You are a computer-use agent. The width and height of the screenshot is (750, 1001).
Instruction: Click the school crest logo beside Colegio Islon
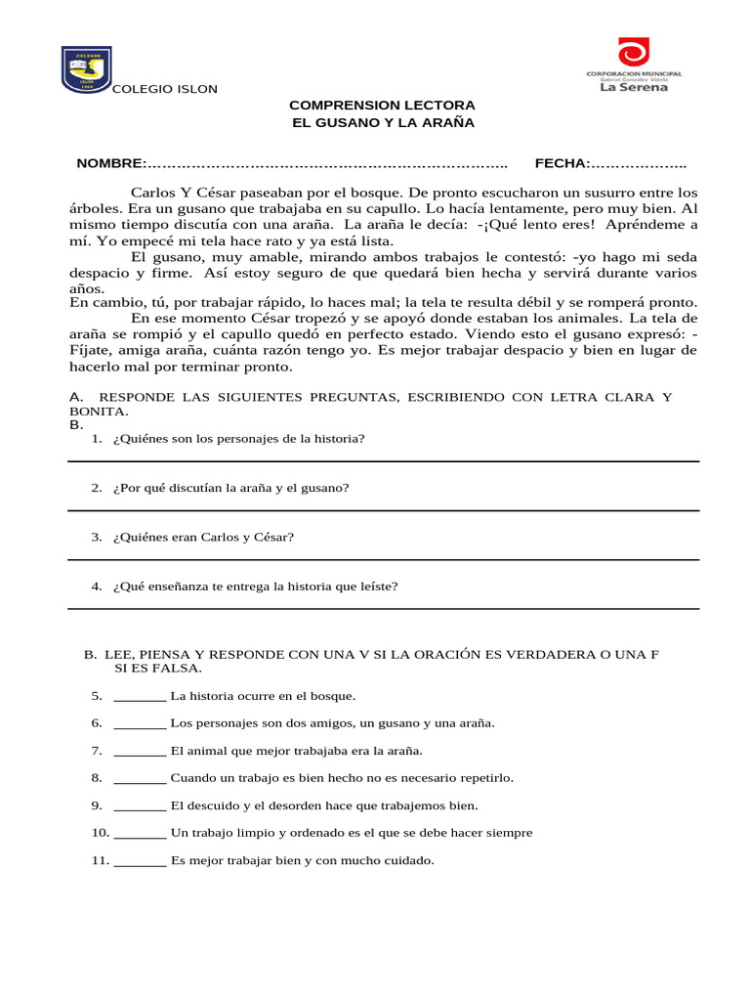pos(86,67)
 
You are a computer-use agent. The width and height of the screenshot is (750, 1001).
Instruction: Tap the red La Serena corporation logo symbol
pos(633,53)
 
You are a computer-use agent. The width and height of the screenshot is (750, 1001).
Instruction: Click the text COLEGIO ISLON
pos(165,90)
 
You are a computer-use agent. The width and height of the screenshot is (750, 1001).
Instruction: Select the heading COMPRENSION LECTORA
pos(383,105)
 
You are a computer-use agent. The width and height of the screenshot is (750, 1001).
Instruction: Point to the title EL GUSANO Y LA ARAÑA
pos(383,122)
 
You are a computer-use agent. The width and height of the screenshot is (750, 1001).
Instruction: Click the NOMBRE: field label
pos(111,163)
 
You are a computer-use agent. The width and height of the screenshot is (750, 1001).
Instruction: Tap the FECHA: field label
pos(562,163)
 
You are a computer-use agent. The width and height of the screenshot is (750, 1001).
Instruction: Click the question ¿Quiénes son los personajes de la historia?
pos(239,438)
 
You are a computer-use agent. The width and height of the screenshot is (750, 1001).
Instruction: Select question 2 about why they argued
pos(231,487)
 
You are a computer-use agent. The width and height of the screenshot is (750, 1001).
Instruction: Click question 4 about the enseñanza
pos(256,587)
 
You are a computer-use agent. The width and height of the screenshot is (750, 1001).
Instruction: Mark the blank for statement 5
pos(140,697)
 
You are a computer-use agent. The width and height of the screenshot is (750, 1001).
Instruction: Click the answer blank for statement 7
pos(140,752)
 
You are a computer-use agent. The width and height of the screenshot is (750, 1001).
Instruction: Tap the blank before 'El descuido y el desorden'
pos(140,806)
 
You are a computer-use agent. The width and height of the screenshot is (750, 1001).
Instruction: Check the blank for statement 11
pos(140,861)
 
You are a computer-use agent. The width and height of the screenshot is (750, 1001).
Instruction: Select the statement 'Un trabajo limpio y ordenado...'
pos(352,833)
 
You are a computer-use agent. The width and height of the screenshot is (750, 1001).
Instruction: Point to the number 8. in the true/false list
pos(97,778)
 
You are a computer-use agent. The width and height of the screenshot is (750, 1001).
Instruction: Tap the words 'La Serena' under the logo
pos(633,87)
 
